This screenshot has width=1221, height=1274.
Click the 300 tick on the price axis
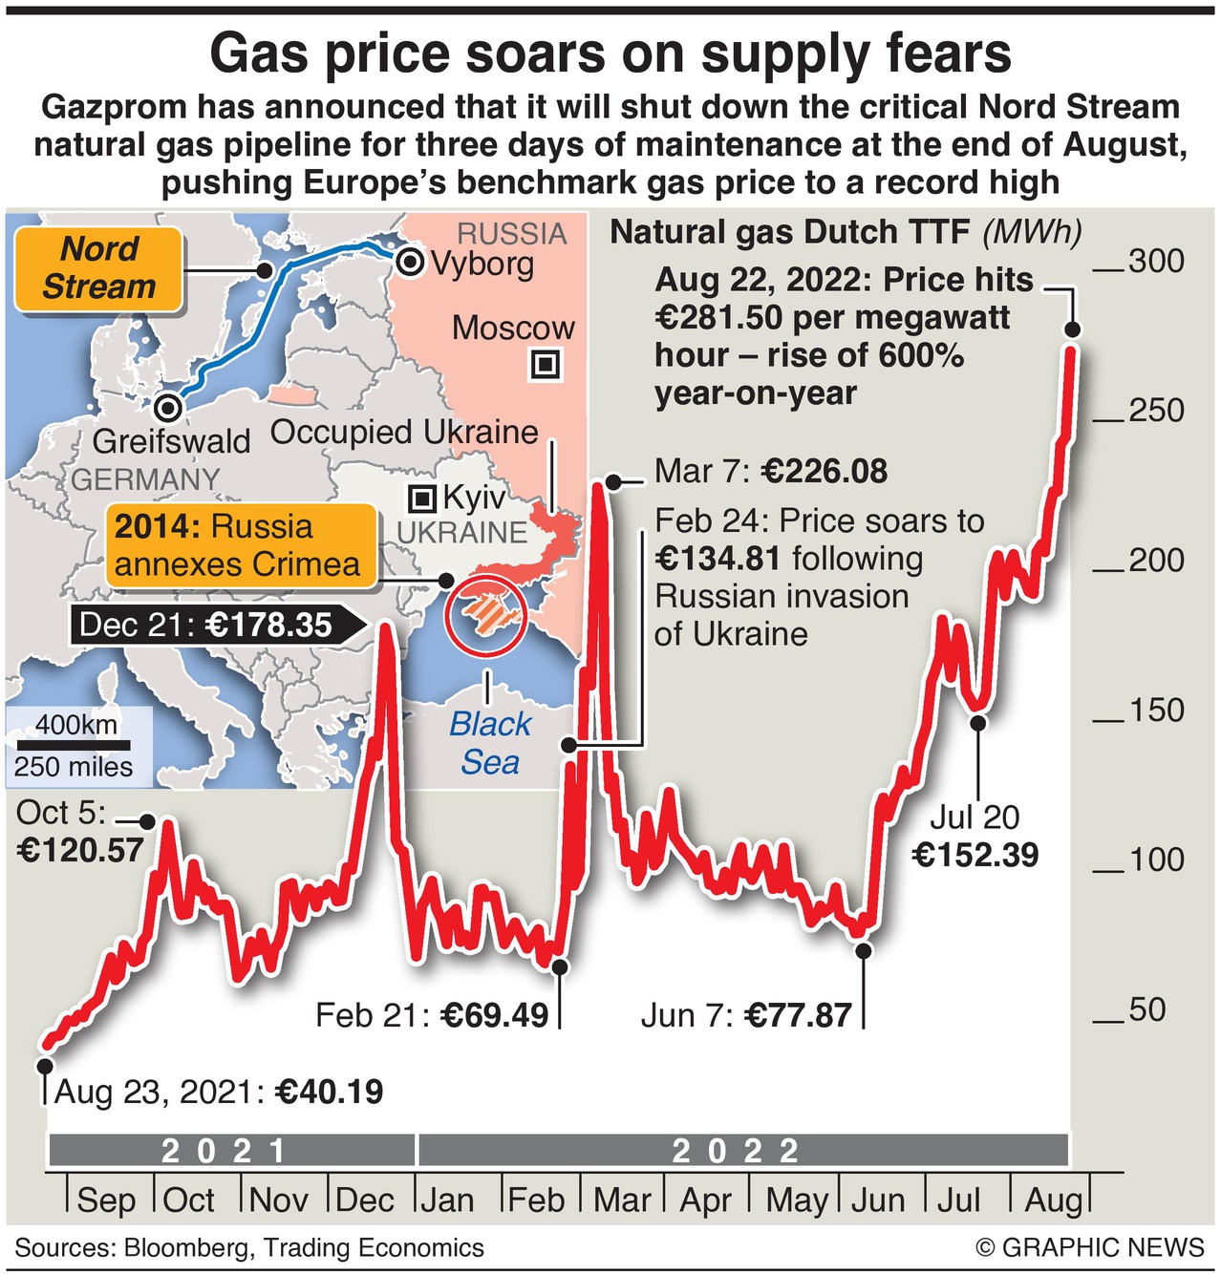[x=1155, y=262]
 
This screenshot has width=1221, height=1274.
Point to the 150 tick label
[x=1155, y=711]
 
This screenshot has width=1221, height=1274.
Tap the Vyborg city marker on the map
[x=411, y=263]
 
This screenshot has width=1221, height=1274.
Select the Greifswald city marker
[x=169, y=408]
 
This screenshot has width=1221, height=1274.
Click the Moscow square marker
[x=546, y=365]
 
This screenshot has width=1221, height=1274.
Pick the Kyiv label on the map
[x=473, y=499]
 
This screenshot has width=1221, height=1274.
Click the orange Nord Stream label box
[x=98, y=268]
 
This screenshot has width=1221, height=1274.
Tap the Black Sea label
[x=489, y=743]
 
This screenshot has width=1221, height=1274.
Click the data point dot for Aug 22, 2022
[x=1072, y=329]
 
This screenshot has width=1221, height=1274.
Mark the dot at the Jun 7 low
[x=864, y=950]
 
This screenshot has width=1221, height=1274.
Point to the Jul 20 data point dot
[x=977, y=723]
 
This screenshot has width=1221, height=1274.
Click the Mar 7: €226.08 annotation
[x=770, y=471]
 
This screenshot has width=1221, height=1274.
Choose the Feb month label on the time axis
[x=536, y=1200]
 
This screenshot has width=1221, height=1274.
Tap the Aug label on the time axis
[x=1053, y=1200]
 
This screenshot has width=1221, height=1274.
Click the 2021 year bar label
[x=225, y=1151]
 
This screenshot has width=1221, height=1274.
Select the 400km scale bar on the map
[x=73, y=742]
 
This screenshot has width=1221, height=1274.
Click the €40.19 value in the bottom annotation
[x=329, y=1092]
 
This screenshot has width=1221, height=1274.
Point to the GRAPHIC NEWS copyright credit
[x=1090, y=1247]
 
